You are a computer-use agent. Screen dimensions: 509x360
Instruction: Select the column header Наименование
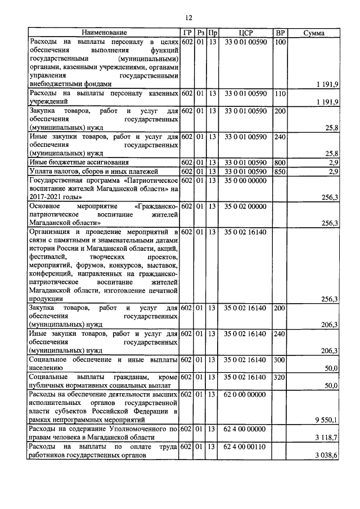103,33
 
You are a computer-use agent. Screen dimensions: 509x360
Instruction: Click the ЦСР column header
245,33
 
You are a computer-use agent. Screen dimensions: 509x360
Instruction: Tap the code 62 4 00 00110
245,447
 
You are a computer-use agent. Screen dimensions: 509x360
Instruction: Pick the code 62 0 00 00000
245,394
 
